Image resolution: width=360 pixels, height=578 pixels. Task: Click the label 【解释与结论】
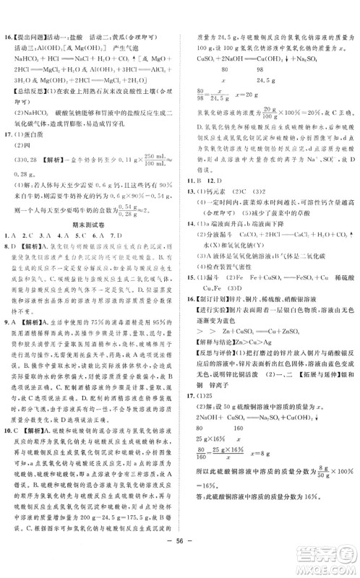point(218,348)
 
